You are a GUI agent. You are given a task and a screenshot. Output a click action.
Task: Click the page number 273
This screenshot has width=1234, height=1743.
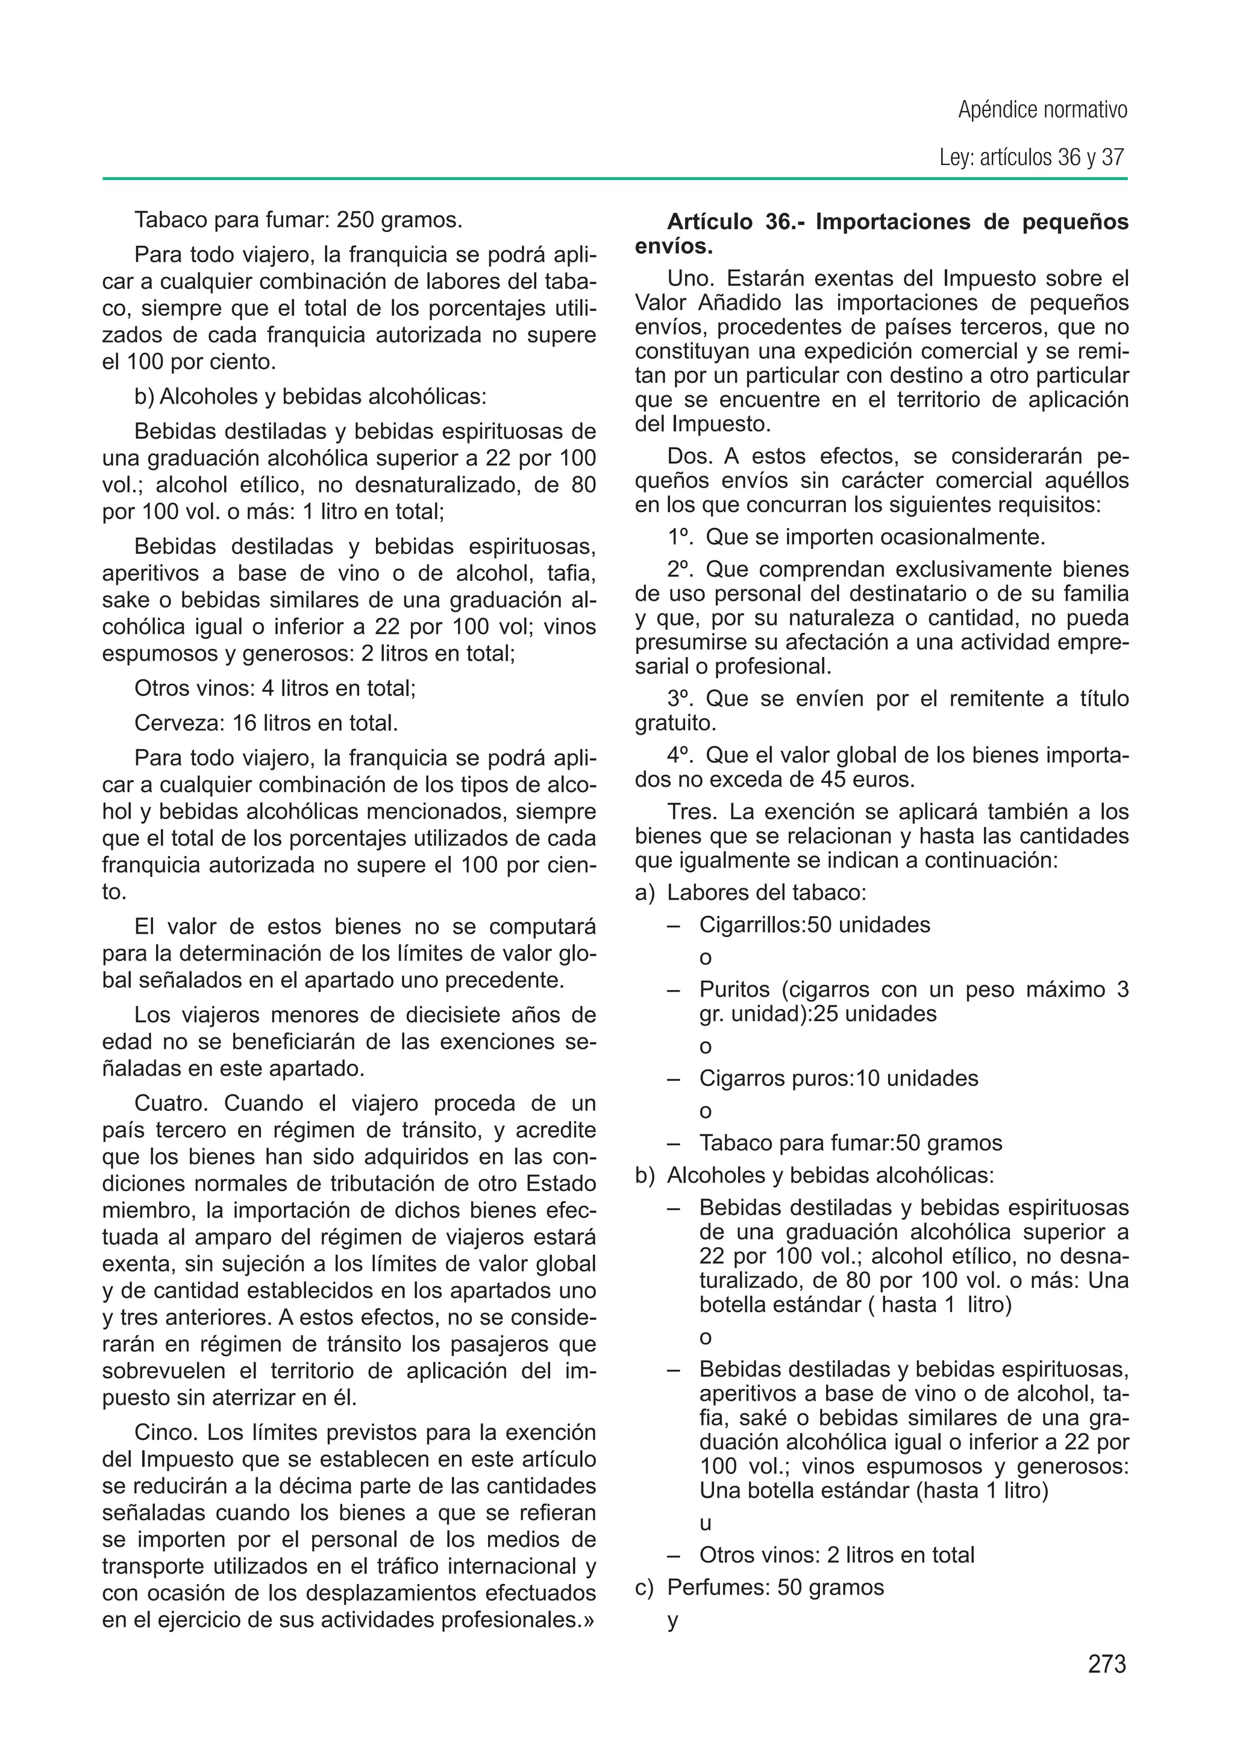[1106, 1664]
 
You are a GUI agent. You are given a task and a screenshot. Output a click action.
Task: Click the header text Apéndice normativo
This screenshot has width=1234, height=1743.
[1042, 110]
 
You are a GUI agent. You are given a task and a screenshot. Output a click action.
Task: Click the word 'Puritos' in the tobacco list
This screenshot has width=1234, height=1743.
[734, 990]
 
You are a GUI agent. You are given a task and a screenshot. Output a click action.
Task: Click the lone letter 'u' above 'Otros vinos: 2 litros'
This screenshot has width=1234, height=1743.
[705, 1524]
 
